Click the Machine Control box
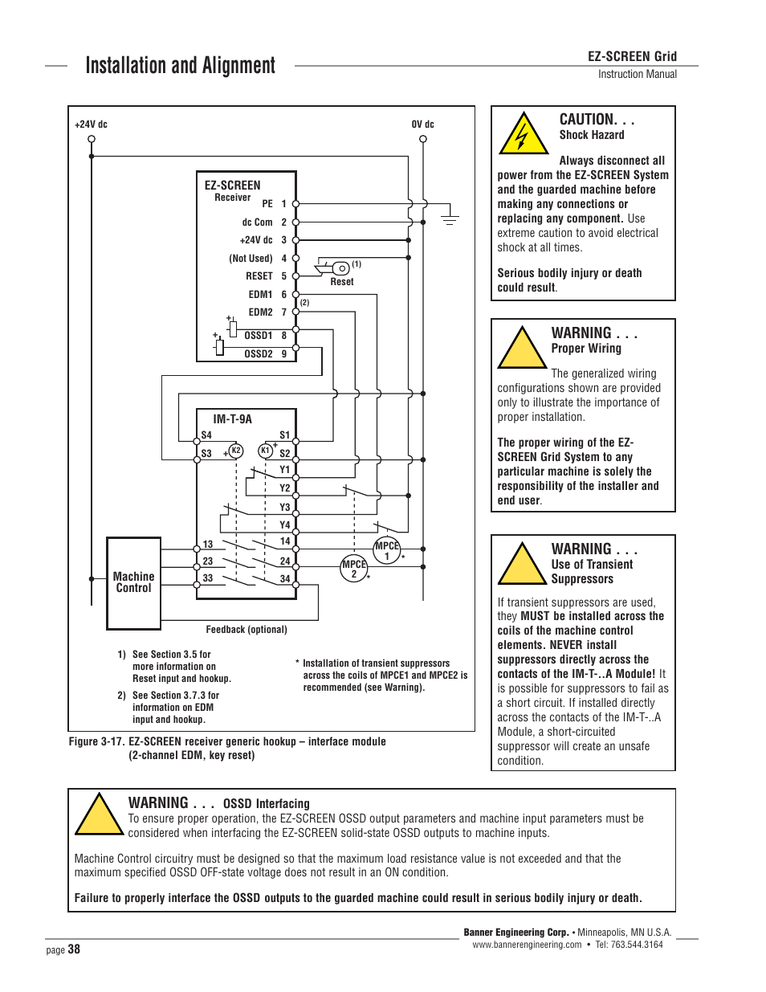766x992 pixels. coord(134,583)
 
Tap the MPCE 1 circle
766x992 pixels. coord(386,551)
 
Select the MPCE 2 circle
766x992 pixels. coord(354,569)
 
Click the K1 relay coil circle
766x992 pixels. coord(266,451)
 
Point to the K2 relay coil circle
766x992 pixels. coord(236,451)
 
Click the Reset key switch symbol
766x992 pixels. coord(340,267)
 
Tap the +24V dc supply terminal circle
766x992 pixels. coord(92,139)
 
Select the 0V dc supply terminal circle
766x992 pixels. coord(423,139)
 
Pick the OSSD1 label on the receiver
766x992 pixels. coord(259,336)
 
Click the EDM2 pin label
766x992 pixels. coord(260,312)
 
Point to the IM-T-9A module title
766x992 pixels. coord(232,419)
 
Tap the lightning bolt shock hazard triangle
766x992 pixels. coord(524,135)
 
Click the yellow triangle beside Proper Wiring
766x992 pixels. coord(522,349)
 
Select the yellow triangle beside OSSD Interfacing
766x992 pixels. coord(99,816)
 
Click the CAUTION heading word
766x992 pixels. coord(588,120)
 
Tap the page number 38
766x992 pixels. coord(74,949)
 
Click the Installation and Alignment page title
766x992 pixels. coord(180,66)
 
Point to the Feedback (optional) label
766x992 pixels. coord(247,630)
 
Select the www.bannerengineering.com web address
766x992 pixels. coord(527,945)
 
